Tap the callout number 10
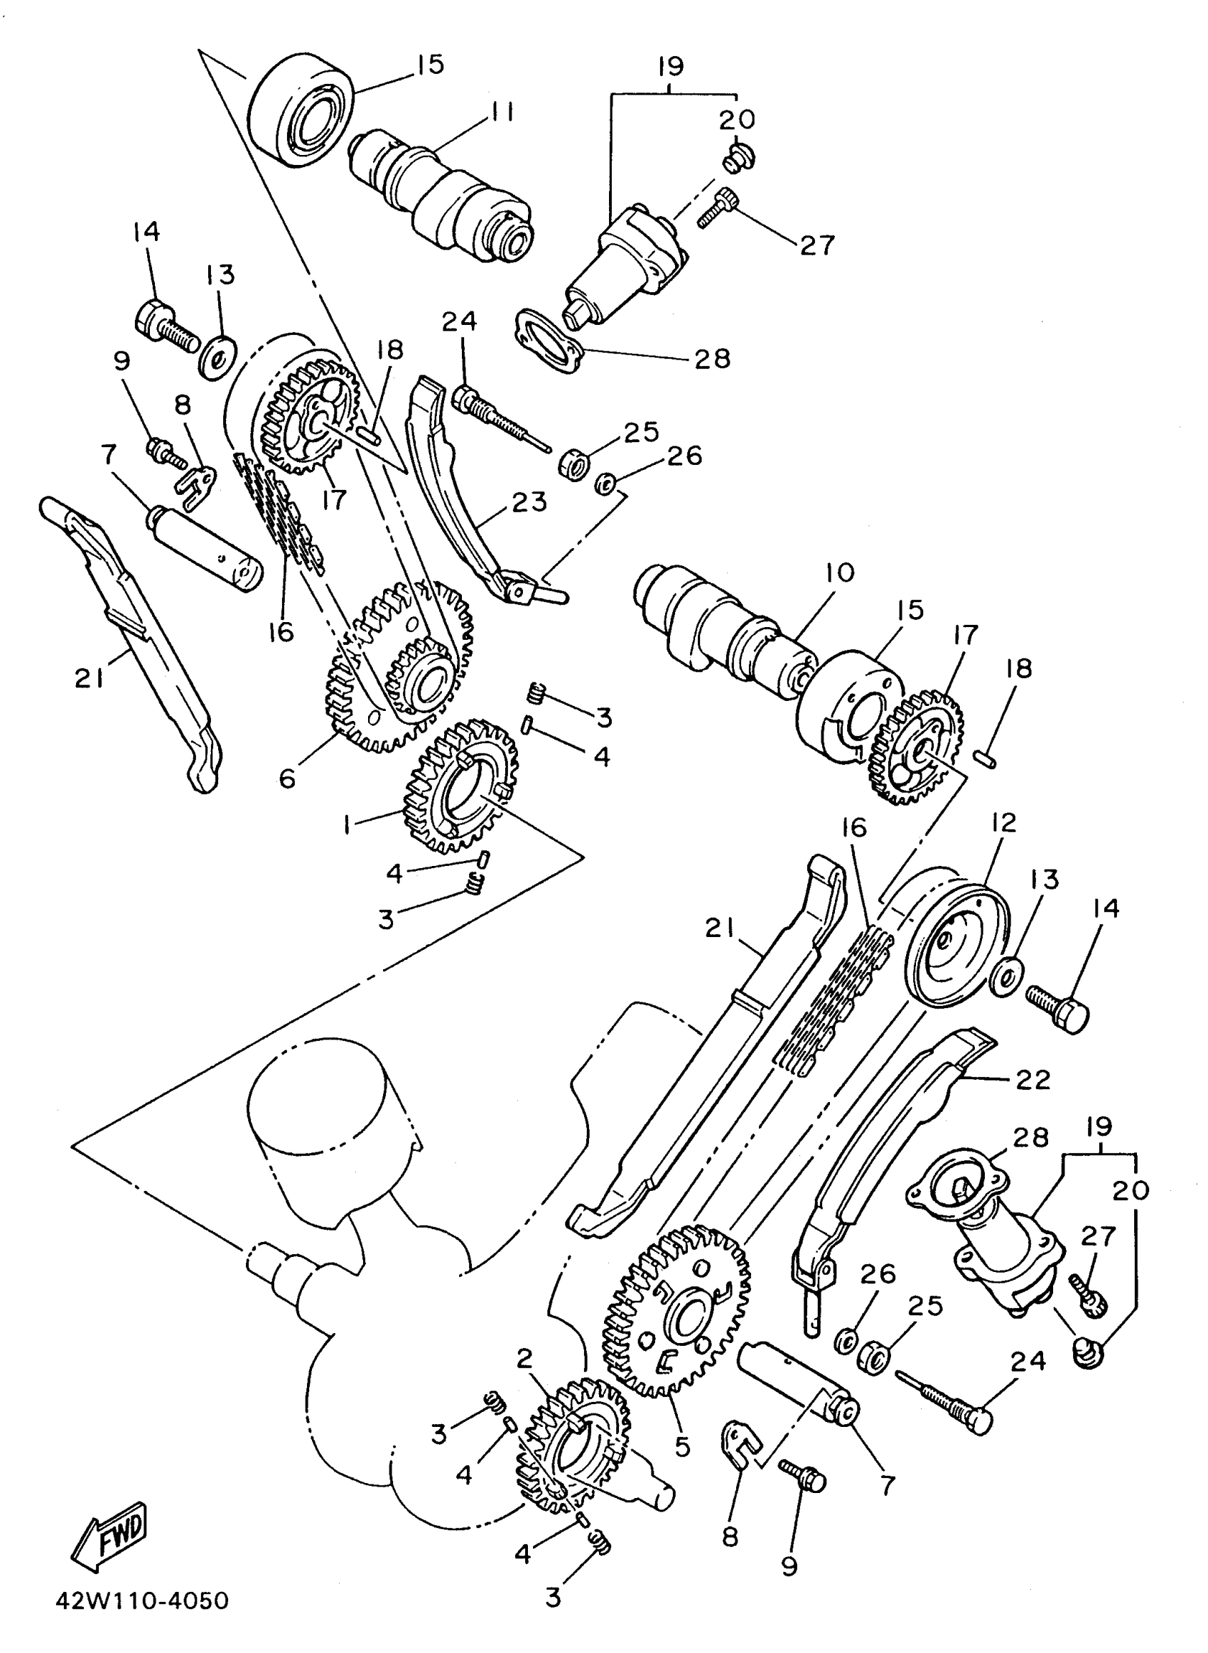click(839, 573)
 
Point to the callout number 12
click(1005, 823)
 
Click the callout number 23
click(529, 502)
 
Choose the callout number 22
click(1032, 1079)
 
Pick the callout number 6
click(287, 779)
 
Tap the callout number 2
click(524, 1358)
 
